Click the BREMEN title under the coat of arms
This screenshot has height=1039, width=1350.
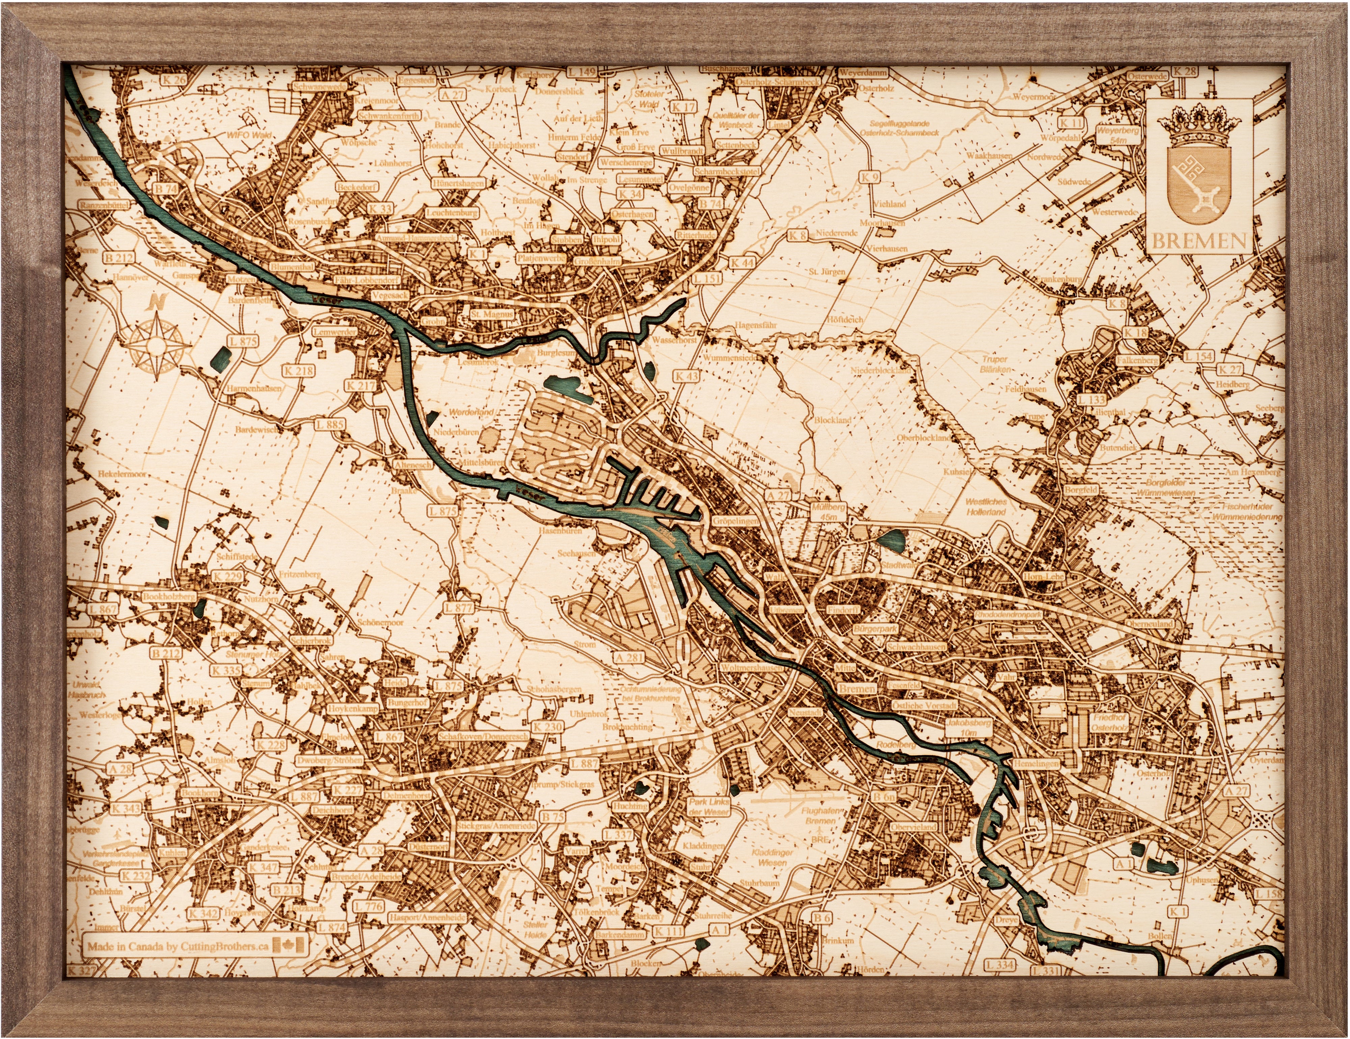[1199, 240]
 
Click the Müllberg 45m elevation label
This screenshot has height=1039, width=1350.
[828, 512]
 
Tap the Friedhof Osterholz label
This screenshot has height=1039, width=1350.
[1110, 723]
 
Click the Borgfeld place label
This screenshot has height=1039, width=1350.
[1081, 490]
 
